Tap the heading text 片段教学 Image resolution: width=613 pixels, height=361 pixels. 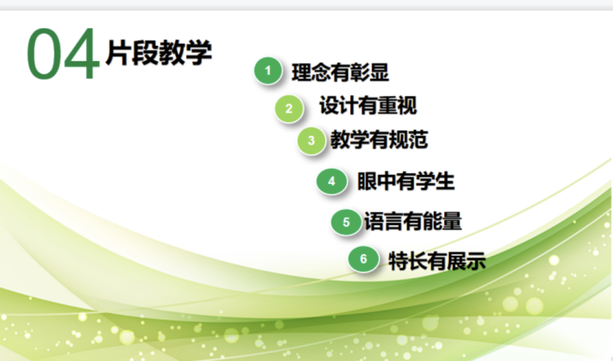pyautogui.click(x=159, y=52)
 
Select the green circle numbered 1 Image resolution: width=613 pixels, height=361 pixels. pyautogui.click(x=267, y=71)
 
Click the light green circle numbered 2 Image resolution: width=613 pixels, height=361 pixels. pyautogui.click(x=289, y=108)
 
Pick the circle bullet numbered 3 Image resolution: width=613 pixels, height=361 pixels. pyautogui.click(x=311, y=140)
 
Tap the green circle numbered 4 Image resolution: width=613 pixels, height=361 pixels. pyautogui.click(x=332, y=181)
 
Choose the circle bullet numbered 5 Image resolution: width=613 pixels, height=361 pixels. pyautogui.click(x=346, y=222)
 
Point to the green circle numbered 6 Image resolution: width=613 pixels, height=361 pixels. pyautogui.click(x=363, y=259)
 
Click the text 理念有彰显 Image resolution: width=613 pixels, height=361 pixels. pyautogui.click(x=340, y=72)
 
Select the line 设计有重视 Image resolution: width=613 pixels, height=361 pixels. pyautogui.click(x=369, y=106)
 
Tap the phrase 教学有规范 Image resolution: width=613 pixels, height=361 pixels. pyautogui.click(x=379, y=139)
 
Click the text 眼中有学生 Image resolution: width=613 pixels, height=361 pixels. pyautogui.click(x=406, y=181)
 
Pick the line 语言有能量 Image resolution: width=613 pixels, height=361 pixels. pyautogui.click(x=413, y=222)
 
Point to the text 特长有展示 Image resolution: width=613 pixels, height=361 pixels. pyautogui.click(x=437, y=261)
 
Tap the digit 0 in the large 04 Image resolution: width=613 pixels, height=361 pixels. pyautogui.click(x=44, y=54)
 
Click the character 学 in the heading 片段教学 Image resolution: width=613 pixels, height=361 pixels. pyautogui.click(x=199, y=52)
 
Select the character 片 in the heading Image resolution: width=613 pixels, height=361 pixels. pyautogui.click(x=118, y=52)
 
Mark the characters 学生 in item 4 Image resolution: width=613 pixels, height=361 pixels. pyautogui.click(x=435, y=181)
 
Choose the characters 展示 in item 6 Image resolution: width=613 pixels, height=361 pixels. pyautogui.click(x=467, y=261)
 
